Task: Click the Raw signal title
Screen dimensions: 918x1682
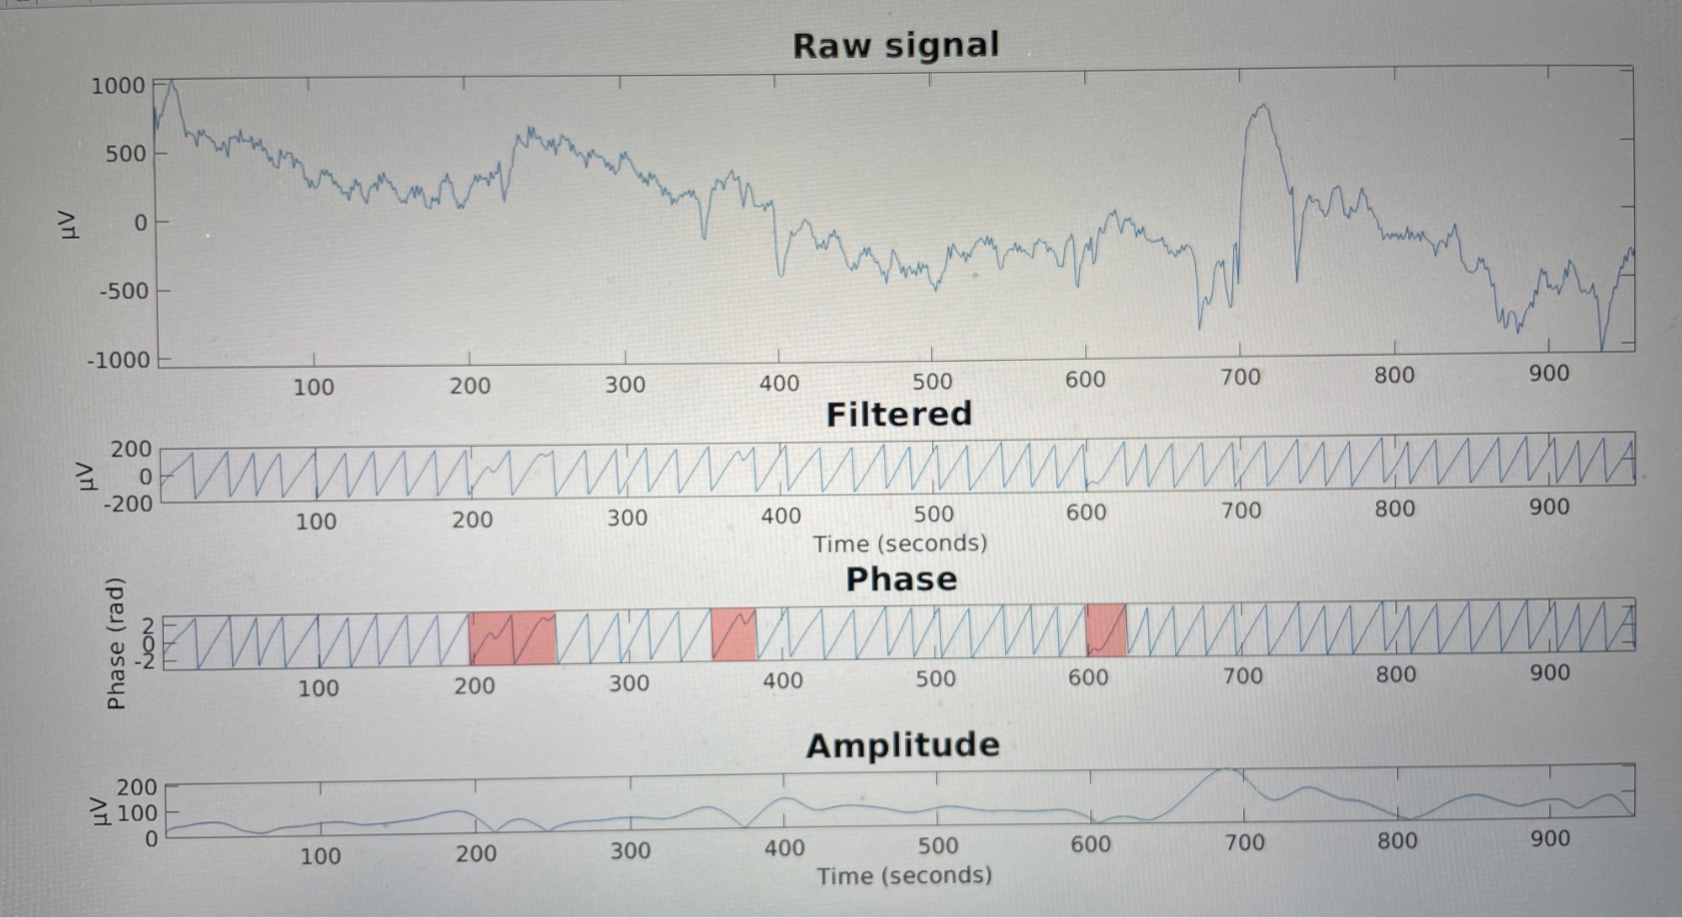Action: coord(896,45)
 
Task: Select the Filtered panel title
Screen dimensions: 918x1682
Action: coord(899,414)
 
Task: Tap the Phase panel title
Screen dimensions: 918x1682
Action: coord(901,579)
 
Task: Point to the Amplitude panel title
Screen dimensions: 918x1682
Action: coord(902,745)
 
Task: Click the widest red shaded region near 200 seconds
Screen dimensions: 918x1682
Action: coord(512,639)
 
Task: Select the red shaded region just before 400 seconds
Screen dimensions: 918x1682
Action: coord(733,634)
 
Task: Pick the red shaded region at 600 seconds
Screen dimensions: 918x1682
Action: coord(1106,630)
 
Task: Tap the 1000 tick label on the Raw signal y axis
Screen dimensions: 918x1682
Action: coord(118,86)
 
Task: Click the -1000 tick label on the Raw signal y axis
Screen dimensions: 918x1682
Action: coord(118,360)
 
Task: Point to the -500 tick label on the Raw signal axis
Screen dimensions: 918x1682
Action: coord(124,291)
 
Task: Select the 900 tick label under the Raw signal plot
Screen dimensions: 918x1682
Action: coord(1548,373)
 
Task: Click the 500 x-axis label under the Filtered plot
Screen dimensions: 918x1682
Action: coord(934,513)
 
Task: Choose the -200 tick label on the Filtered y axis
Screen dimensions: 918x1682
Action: coord(128,504)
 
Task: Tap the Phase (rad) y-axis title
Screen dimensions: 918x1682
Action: coord(115,643)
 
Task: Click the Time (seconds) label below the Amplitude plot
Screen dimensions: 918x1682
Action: coord(904,876)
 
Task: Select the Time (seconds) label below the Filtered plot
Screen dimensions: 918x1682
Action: coord(900,544)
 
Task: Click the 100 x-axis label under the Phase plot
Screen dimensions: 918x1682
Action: coord(319,688)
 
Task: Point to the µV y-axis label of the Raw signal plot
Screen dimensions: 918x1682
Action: coord(71,224)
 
